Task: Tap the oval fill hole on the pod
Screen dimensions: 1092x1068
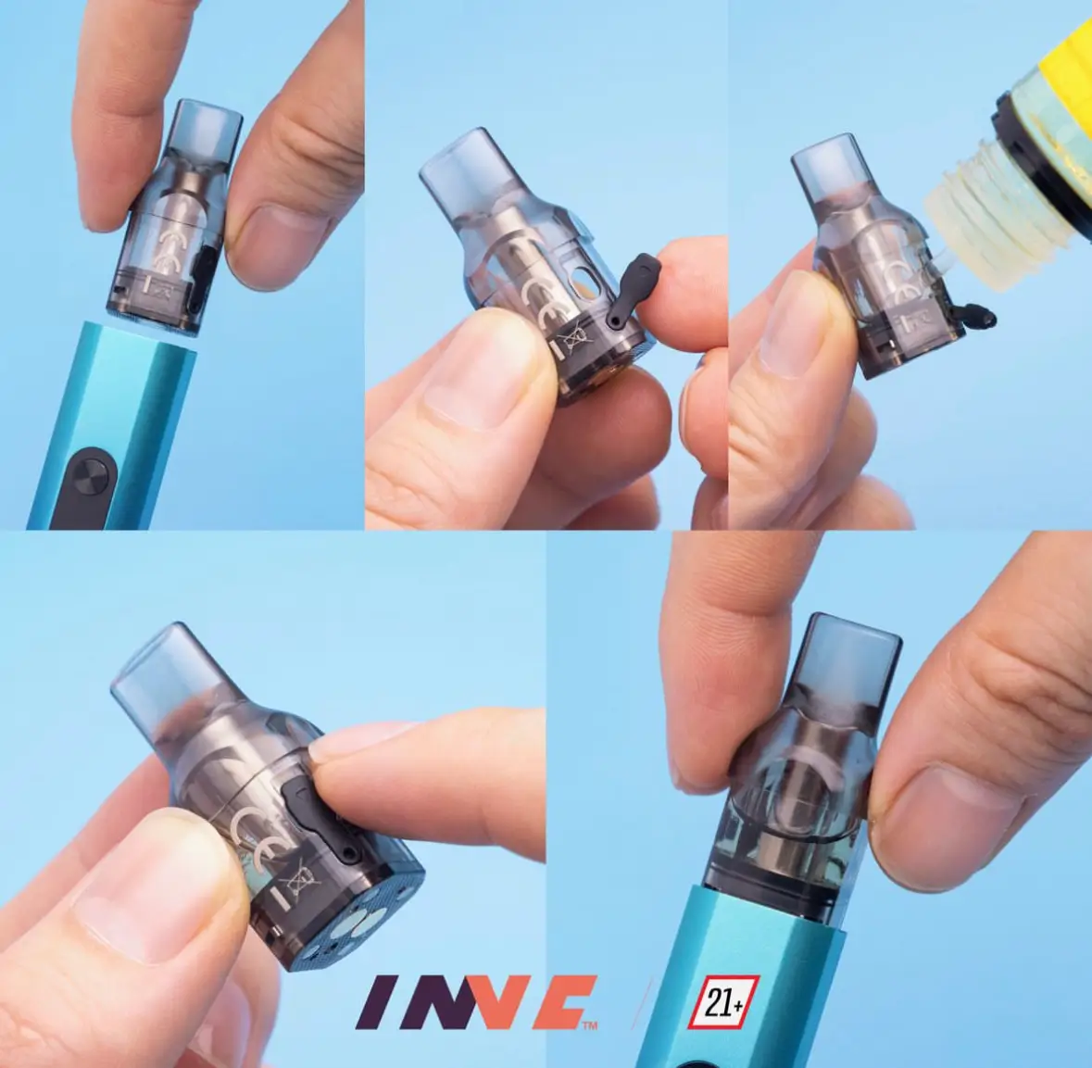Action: (577, 283)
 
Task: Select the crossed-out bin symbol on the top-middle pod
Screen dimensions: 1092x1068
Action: (573, 339)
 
